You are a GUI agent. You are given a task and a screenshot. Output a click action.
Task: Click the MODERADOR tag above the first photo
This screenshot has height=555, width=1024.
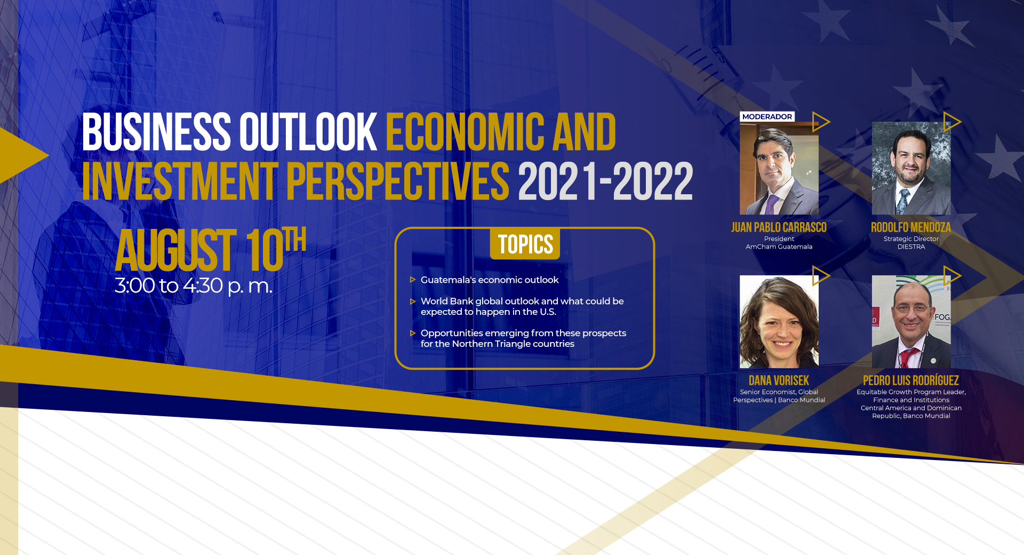[x=767, y=117]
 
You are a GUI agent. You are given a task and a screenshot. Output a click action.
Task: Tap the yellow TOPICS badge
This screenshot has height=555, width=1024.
[x=525, y=244]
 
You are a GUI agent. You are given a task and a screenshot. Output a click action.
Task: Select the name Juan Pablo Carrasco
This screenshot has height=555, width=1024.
[x=779, y=227]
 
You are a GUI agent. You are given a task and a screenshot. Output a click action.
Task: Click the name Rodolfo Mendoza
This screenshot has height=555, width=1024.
[x=911, y=227]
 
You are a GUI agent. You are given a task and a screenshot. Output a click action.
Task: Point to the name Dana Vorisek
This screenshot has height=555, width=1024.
[x=779, y=380]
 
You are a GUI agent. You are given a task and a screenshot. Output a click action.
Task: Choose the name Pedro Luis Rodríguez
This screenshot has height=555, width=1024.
[x=911, y=380]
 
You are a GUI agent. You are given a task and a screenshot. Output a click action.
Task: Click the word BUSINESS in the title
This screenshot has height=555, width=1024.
[x=156, y=132]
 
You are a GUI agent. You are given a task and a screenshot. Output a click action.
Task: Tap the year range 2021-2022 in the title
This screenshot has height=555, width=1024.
[x=605, y=181]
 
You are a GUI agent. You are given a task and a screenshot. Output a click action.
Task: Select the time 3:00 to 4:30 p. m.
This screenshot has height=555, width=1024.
[x=194, y=286]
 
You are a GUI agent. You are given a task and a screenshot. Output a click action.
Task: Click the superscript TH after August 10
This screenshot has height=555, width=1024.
[x=295, y=239]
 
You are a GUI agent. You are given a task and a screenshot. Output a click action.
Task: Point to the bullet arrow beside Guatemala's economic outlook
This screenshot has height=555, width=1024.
[x=413, y=280]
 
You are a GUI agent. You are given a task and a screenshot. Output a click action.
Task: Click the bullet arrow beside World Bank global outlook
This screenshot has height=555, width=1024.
[x=413, y=301]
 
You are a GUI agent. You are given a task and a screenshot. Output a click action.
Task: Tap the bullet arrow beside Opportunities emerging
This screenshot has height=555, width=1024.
[x=413, y=333]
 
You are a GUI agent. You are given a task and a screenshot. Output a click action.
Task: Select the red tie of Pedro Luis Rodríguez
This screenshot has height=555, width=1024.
[x=906, y=358]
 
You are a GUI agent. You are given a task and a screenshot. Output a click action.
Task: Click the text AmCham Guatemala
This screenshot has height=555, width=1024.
[x=779, y=247]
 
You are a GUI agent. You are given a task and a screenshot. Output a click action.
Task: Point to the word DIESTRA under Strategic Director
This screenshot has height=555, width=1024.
[x=911, y=247]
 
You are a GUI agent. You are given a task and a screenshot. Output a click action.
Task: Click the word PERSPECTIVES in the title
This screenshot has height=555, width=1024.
[x=398, y=181]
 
